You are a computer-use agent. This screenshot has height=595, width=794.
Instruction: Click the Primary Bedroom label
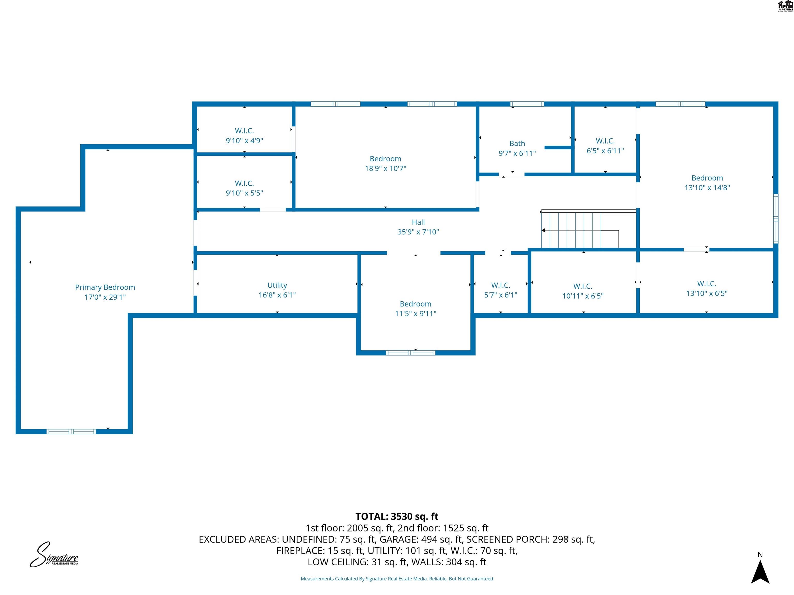[x=105, y=287]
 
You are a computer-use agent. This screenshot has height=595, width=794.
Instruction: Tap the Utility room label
[x=277, y=285]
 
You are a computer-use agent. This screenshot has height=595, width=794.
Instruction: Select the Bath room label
[x=517, y=144]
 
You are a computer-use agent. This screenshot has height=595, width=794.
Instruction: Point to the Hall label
[x=418, y=222]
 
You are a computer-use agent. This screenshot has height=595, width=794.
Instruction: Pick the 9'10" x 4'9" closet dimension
[x=244, y=140]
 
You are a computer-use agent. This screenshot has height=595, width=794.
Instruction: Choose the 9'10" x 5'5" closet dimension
[x=244, y=193]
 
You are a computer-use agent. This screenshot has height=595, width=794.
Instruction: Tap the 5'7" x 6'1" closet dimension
[x=500, y=295]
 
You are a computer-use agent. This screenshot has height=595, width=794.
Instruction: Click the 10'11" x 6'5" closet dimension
[x=583, y=296]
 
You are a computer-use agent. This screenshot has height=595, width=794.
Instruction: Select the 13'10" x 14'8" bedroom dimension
[x=707, y=187]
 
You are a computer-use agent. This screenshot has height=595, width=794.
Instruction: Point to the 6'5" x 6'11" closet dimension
[x=605, y=151]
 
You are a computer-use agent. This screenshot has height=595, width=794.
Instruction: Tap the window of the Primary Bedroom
[x=71, y=432]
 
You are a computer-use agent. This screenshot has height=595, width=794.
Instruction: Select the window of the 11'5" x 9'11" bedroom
[x=410, y=353]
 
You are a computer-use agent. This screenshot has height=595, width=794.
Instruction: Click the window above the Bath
[x=527, y=104]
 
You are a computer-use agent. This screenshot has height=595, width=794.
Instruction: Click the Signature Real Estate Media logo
[x=54, y=555]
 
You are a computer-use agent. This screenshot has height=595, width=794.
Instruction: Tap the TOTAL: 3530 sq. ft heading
[x=397, y=516]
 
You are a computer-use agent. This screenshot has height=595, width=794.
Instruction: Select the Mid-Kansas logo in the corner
[x=785, y=6]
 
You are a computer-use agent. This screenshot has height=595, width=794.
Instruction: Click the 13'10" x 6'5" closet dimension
[x=706, y=293]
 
